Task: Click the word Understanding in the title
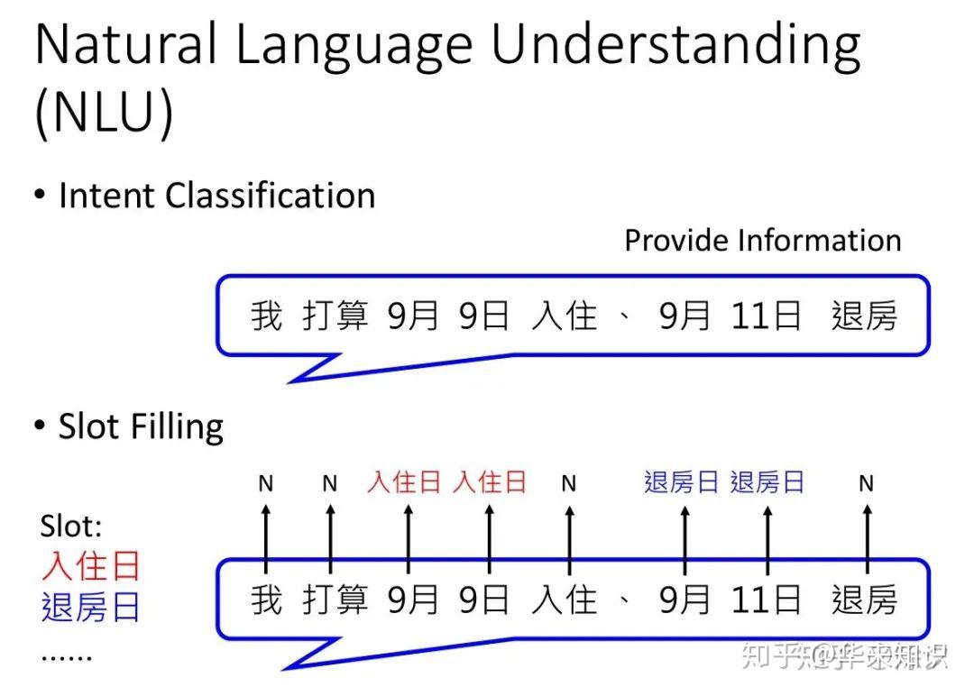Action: tap(675, 47)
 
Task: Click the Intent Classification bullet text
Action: tap(216, 196)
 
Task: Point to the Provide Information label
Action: tap(762, 241)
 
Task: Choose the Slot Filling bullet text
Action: tap(141, 426)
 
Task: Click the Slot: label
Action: tap(72, 527)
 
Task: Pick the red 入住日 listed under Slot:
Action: tap(91, 566)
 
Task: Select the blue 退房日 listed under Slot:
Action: tap(91, 607)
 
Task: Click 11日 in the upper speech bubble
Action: tap(766, 316)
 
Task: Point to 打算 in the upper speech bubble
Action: tap(335, 316)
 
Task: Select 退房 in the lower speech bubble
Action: tap(864, 600)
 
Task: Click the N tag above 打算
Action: tap(330, 484)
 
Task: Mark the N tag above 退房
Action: tap(866, 484)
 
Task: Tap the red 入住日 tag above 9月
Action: tap(403, 482)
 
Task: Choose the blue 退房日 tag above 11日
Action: tap(767, 482)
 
